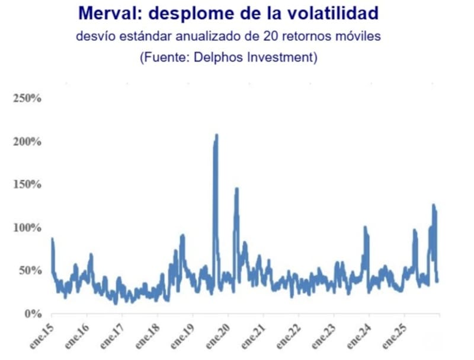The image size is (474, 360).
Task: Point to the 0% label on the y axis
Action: point(32,314)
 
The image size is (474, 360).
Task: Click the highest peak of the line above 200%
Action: point(216,135)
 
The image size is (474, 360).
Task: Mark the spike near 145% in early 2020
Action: point(236,189)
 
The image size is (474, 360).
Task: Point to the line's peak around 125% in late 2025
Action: point(433,205)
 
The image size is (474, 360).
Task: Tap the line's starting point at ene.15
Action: point(52,239)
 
